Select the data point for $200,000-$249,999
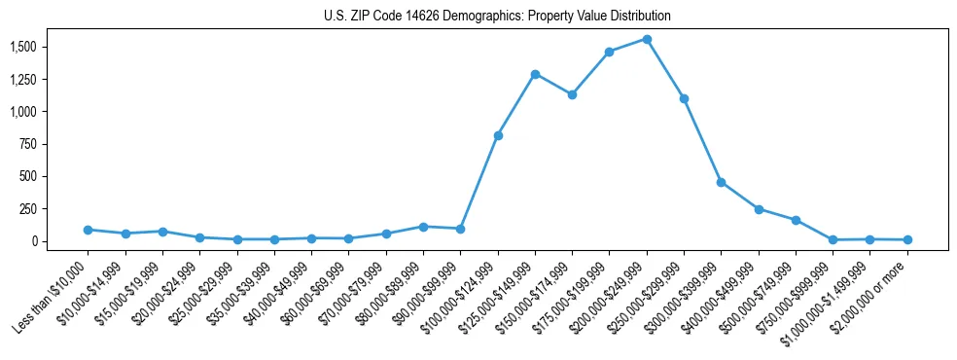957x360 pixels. coord(647,39)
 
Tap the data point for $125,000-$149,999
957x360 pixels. coord(535,74)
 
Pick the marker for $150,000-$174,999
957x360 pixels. coord(572,94)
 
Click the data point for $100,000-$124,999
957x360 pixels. coord(498,135)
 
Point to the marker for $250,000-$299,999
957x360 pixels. coord(684,98)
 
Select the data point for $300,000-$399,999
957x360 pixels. coord(721,182)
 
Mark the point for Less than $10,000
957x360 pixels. coord(88,230)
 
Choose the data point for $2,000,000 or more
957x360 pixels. coord(907,239)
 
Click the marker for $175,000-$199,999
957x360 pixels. coord(609,52)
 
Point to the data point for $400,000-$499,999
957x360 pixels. coord(759,209)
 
